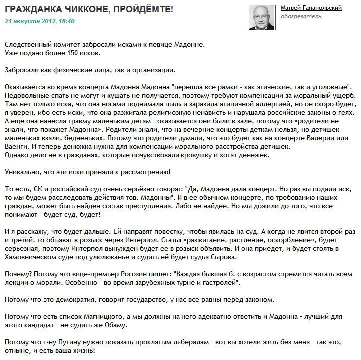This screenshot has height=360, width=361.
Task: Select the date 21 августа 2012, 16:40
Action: pyautogui.click(x=40, y=21)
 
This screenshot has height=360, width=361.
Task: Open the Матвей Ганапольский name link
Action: pyautogui.click(x=311, y=8)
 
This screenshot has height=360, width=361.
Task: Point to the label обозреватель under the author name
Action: pyautogui.click(x=301, y=17)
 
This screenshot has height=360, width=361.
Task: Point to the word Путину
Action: pyautogui.click(x=79, y=342)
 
